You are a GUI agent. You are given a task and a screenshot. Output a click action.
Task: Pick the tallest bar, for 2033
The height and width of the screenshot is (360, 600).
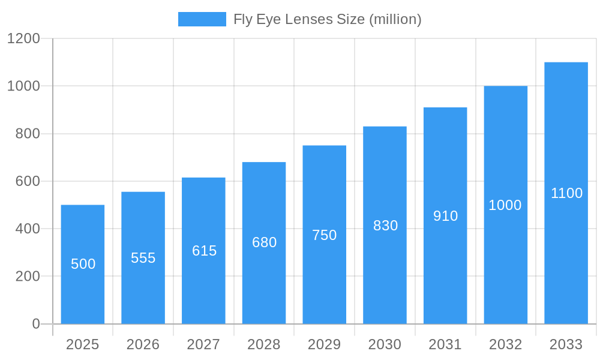pos(566,252)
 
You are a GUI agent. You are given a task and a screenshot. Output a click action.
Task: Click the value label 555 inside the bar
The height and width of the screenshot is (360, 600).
pos(143,258)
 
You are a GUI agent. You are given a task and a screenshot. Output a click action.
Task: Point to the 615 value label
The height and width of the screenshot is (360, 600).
pos(204,251)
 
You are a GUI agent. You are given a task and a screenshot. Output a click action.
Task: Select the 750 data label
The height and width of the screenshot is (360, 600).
pos(325,235)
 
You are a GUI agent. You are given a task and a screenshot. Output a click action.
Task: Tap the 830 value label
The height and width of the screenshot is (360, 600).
pos(385,226)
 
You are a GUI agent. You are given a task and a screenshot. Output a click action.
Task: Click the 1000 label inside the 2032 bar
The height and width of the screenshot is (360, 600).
pos(505,205)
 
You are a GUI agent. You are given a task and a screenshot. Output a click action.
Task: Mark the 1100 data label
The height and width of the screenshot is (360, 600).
pos(566,193)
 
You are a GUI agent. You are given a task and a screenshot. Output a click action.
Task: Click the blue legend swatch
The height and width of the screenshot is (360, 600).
pos(202,19)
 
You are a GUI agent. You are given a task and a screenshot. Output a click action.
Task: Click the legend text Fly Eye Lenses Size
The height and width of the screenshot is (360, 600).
pos(328,19)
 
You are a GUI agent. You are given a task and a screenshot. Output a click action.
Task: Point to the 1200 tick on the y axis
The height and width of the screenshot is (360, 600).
pos(23,38)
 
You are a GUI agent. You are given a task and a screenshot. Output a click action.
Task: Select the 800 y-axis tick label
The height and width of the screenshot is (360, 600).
pos(28,134)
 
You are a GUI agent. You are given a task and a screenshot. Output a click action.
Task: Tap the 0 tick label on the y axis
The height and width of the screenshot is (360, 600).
pos(35,324)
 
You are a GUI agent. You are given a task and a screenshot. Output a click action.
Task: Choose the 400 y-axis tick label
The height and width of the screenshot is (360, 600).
pos(28,229)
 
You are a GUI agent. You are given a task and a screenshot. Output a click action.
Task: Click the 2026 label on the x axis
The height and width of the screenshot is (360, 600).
pos(143,344)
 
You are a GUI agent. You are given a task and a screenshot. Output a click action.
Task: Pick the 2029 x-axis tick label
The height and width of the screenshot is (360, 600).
pos(325,344)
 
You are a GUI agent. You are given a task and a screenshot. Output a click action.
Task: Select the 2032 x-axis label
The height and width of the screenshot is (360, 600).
pos(505,344)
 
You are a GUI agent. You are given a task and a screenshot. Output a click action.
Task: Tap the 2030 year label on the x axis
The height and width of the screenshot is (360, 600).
pos(385,344)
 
